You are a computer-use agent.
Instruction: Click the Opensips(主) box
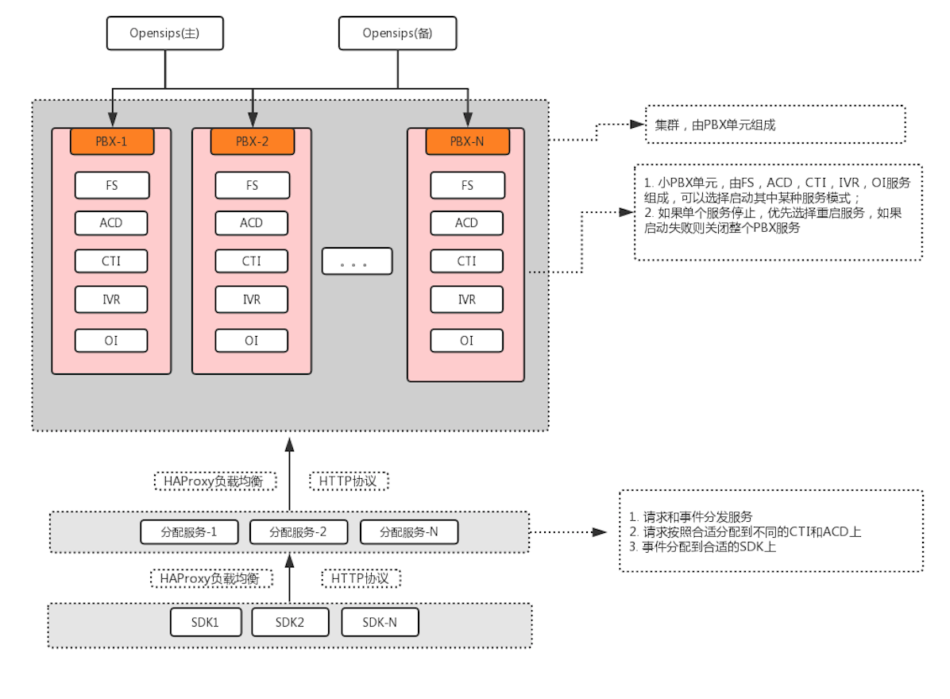point(165,33)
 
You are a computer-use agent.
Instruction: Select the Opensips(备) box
point(397,33)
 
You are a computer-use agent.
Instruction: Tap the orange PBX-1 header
point(111,142)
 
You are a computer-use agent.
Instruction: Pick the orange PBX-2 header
point(252,142)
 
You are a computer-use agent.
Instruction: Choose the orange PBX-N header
point(466,142)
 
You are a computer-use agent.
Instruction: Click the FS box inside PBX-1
point(111,185)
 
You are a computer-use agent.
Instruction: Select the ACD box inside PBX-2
point(252,223)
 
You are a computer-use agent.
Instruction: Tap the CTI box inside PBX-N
point(466,261)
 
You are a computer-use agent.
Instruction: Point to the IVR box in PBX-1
point(111,299)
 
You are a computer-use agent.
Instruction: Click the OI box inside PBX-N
point(466,341)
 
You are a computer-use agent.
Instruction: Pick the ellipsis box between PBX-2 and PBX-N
point(357,261)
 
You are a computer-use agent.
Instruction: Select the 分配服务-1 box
point(189,532)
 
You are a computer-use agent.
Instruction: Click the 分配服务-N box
point(409,532)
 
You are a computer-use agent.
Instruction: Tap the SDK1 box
point(206,622)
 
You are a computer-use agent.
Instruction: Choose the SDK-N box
point(380,622)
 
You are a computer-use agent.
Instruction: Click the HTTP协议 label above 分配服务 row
point(349,481)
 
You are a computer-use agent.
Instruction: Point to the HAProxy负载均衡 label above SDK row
point(210,578)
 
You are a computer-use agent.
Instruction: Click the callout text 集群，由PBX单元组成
point(715,125)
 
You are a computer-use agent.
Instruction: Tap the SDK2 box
point(290,622)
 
